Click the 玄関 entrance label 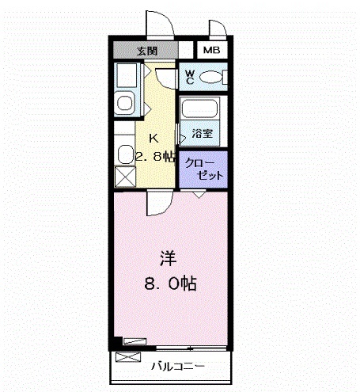coord(147,51)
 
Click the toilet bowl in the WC coord(210,77)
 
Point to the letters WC coord(190,77)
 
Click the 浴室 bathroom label coord(200,131)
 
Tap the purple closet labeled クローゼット coord(204,168)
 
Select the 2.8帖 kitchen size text coord(154,156)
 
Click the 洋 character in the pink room coord(168,258)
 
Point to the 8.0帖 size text coord(170,281)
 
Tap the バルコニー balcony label coord(178,367)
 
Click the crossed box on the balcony coord(126,357)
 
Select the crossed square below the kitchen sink coord(126,177)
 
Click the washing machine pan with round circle coord(125,103)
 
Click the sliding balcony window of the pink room coord(190,347)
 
